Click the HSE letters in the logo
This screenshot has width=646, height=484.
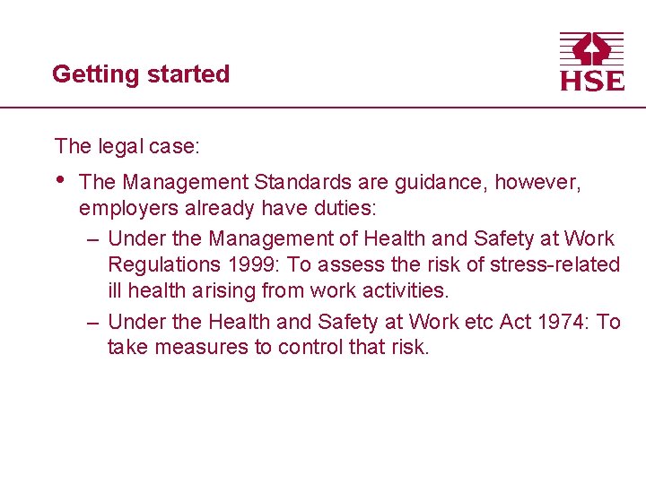[x=591, y=80]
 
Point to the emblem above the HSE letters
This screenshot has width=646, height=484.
[x=591, y=48]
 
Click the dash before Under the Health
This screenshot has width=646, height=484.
[x=93, y=321]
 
